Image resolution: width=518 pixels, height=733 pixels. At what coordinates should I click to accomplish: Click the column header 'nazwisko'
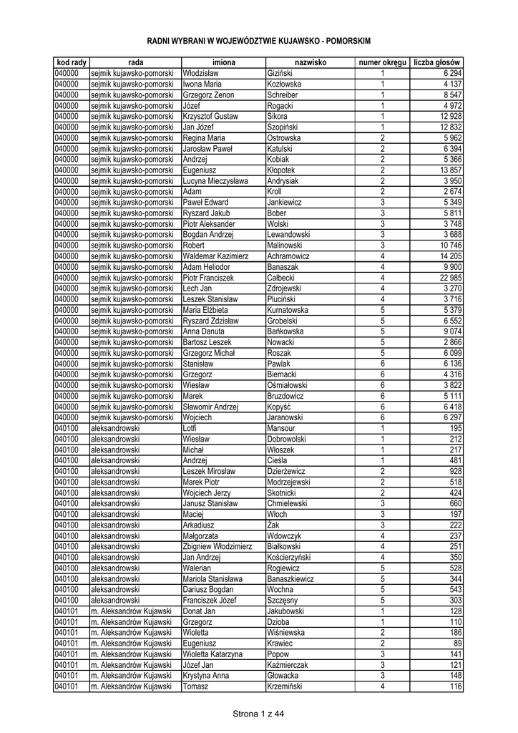click(310, 63)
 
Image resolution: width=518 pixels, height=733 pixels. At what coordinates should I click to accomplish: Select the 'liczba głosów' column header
click(436, 63)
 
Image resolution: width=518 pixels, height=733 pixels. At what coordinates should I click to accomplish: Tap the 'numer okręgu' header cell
click(383, 63)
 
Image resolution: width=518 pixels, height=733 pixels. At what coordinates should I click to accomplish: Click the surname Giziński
click(280, 74)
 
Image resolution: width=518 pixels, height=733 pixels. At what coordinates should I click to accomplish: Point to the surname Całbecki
click(282, 278)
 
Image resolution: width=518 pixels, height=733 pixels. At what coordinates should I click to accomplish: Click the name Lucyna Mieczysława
click(215, 181)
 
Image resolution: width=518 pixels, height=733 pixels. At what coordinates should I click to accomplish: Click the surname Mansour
click(282, 428)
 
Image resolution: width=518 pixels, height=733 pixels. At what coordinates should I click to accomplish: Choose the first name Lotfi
click(190, 428)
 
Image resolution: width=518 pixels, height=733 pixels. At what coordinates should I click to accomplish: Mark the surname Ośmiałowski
click(288, 385)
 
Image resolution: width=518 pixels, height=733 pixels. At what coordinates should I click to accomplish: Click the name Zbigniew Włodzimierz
click(218, 546)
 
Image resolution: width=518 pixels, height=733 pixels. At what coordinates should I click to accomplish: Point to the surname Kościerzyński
click(289, 557)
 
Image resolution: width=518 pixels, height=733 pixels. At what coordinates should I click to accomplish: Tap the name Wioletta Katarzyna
click(212, 654)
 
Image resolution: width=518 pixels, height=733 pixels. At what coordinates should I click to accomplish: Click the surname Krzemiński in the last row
click(285, 686)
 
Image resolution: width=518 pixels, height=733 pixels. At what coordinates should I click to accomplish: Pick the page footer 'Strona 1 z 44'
click(258, 713)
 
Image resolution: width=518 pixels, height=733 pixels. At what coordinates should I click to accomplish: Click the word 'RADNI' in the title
click(160, 41)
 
